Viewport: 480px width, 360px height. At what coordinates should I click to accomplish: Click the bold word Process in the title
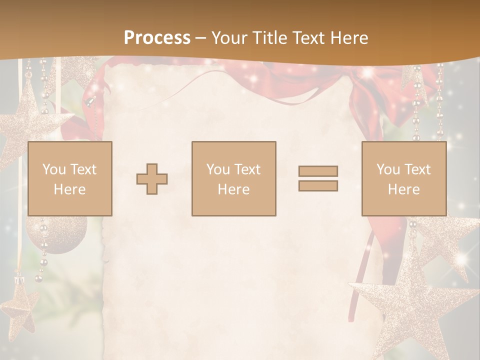pyautogui.click(x=157, y=38)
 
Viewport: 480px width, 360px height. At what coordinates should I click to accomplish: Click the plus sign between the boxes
pyautogui.click(x=152, y=179)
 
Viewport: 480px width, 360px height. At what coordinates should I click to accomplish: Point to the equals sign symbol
pyautogui.click(x=318, y=178)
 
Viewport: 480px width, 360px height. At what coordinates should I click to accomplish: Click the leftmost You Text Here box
pyautogui.click(x=70, y=178)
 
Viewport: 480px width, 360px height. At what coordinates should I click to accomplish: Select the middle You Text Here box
pyautogui.click(x=234, y=178)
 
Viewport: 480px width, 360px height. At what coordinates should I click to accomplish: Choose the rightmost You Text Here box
pyautogui.click(x=404, y=178)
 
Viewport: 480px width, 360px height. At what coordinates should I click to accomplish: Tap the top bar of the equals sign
pyautogui.click(x=318, y=171)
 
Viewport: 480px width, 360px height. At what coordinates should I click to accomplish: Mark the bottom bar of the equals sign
pyautogui.click(x=318, y=185)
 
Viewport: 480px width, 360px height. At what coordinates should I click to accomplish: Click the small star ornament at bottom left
pyautogui.click(x=19, y=305)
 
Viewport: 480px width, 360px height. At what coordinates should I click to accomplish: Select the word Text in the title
pyautogui.click(x=308, y=38)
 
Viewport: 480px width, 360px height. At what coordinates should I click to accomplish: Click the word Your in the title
pyautogui.click(x=229, y=38)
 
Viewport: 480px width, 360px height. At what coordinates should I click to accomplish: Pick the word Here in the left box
pyautogui.click(x=70, y=189)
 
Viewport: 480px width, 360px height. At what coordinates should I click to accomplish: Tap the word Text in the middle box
pyautogui.click(x=247, y=169)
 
